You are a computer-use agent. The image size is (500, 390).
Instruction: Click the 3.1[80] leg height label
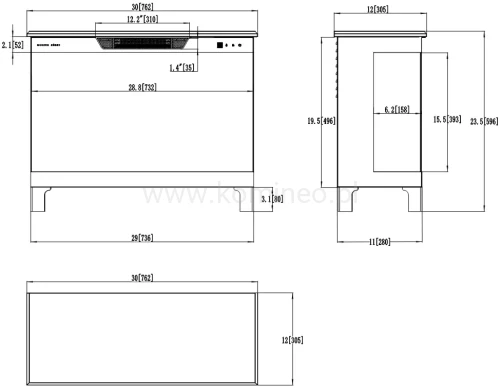click(271, 200)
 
